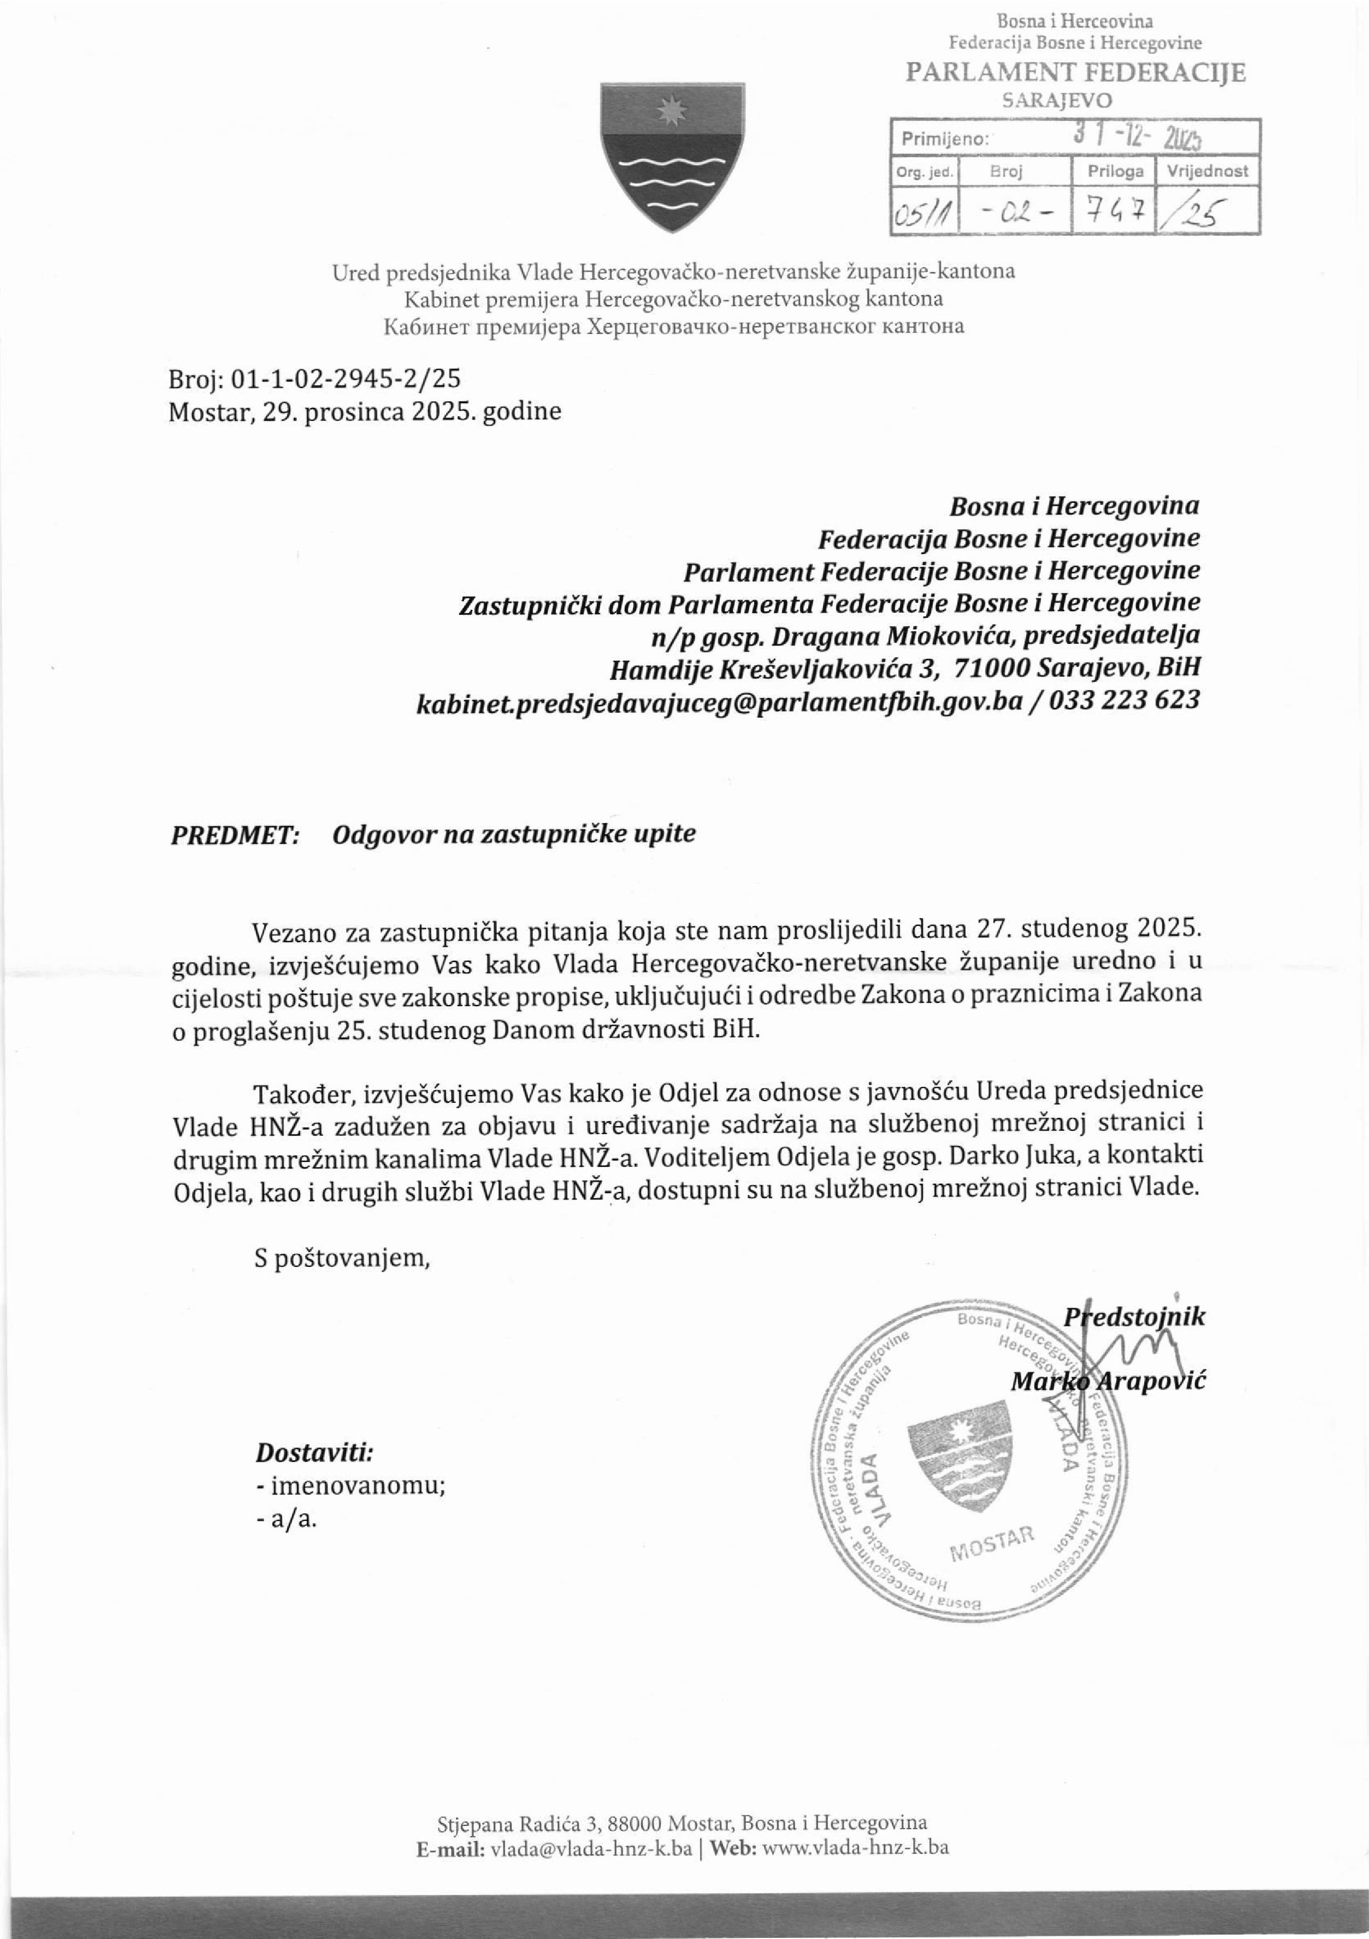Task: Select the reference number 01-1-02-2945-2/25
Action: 345,378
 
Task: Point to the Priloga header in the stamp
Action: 1115,172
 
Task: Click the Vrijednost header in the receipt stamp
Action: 1207,172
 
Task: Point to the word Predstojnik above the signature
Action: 1134,1317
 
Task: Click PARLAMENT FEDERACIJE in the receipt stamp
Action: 1075,73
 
